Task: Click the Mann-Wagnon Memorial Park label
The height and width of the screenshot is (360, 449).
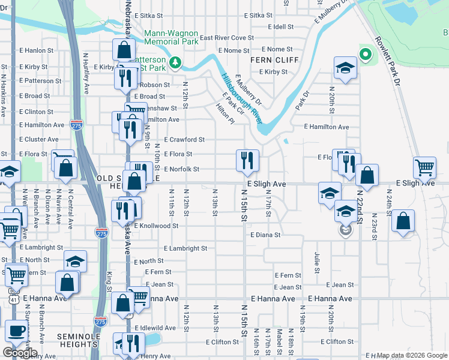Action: tap(171, 37)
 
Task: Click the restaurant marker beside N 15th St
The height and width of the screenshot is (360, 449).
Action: tap(247, 160)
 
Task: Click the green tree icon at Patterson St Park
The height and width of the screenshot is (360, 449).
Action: tap(175, 62)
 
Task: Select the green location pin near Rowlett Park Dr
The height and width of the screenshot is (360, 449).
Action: tap(365, 55)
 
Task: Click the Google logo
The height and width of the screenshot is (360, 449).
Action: tap(19, 353)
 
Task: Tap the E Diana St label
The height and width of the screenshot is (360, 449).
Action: tap(265, 235)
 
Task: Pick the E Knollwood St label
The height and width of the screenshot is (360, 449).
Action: tap(156, 226)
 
